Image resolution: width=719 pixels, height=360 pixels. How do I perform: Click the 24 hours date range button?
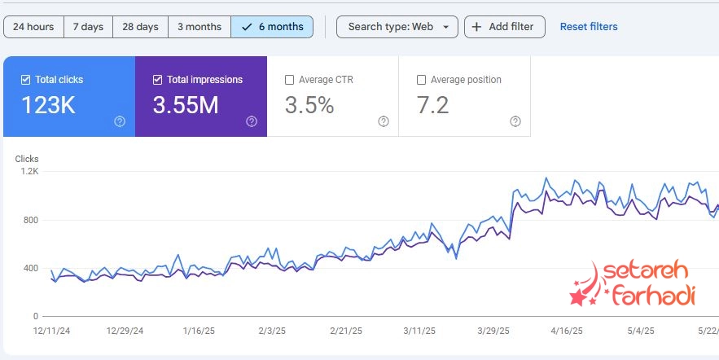(x=33, y=27)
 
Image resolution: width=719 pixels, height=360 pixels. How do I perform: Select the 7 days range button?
(x=88, y=27)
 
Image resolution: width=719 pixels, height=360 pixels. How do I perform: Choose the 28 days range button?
(x=140, y=27)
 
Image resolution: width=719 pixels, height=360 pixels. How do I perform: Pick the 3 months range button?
(x=199, y=27)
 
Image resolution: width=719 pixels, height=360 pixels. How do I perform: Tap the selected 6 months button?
(x=272, y=27)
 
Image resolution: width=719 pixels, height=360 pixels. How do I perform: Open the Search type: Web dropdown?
(x=397, y=27)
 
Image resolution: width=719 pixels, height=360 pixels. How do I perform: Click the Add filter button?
(x=505, y=27)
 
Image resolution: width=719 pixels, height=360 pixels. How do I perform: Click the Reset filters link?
(x=589, y=27)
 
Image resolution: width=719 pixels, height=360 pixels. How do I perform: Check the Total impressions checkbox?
(x=157, y=80)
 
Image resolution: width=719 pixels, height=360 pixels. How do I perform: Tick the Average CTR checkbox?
(x=289, y=80)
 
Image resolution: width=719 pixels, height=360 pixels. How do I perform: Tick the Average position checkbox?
(x=421, y=80)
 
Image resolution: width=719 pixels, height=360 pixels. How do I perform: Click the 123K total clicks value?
(x=49, y=105)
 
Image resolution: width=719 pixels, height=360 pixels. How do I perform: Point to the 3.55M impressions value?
(x=186, y=105)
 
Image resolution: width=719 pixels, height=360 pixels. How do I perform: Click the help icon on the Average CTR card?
(x=384, y=121)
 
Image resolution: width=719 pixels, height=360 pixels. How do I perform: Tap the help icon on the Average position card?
(x=515, y=121)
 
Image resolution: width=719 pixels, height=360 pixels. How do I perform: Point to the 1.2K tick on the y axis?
(x=30, y=172)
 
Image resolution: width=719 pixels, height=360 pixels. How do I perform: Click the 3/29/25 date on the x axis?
(x=492, y=331)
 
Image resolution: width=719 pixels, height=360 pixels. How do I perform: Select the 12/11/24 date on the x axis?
(x=51, y=331)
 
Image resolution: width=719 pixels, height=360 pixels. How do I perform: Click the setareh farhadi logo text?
(x=643, y=283)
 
